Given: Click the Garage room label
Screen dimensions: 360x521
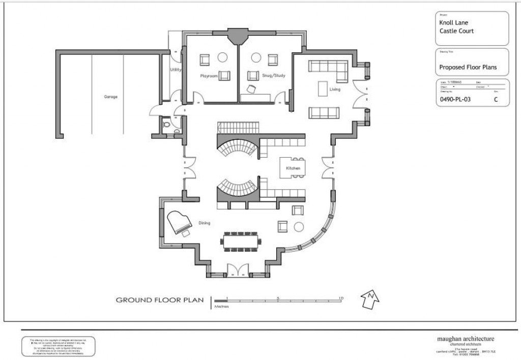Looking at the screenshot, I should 111,96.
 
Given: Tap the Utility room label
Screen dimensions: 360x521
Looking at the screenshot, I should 176,70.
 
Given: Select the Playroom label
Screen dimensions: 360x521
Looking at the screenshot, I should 209,76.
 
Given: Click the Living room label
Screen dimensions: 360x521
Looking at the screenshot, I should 334,89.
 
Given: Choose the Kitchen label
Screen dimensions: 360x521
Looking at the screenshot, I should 293,168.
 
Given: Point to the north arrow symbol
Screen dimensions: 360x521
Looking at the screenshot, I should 370,299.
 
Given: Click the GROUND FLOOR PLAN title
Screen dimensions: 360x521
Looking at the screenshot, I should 160,300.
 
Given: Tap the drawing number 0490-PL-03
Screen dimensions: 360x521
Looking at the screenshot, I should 455,100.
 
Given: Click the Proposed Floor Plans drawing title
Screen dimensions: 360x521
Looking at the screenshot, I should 468,67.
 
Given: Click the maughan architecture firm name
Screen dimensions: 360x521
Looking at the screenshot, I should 466,339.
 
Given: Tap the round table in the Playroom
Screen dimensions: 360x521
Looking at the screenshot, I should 222,57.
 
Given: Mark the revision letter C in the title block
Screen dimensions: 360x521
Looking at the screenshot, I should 495,100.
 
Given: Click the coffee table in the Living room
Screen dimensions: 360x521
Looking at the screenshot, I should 322,88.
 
